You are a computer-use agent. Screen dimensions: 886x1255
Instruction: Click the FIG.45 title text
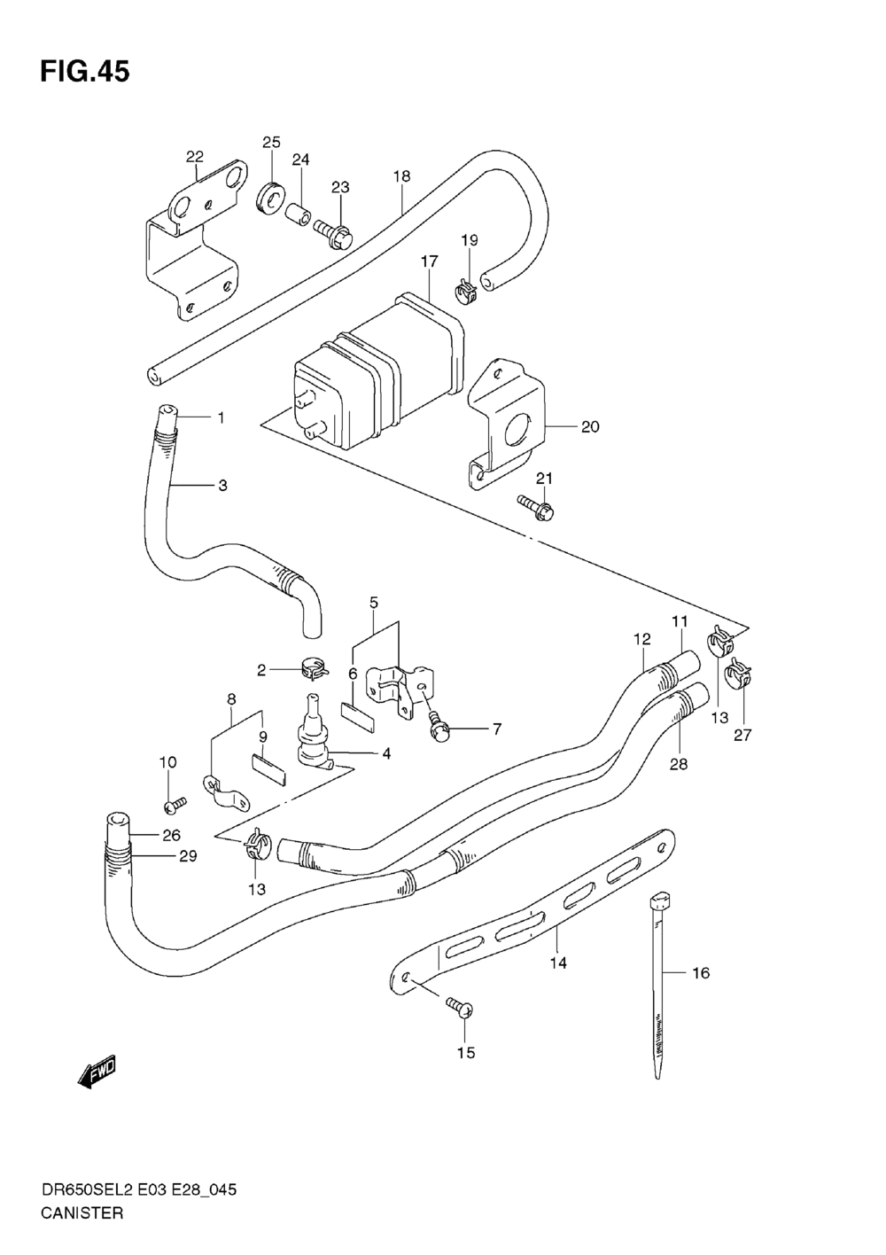tap(85, 72)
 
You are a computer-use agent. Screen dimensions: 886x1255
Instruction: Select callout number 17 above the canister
tap(430, 261)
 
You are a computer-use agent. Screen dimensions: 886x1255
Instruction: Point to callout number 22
tap(195, 157)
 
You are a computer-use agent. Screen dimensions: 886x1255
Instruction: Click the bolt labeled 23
tap(333, 232)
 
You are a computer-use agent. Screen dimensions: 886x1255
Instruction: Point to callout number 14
tap(558, 963)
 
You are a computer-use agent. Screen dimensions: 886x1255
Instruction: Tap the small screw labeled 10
tap(175, 805)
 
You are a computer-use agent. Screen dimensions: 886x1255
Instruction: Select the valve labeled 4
tap(315, 730)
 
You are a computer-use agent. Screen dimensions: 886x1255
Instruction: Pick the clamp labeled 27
tap(739, 675)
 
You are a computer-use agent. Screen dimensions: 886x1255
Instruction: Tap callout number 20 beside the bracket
tap(590, 427)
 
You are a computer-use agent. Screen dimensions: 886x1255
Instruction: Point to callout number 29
tap(188, 855)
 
